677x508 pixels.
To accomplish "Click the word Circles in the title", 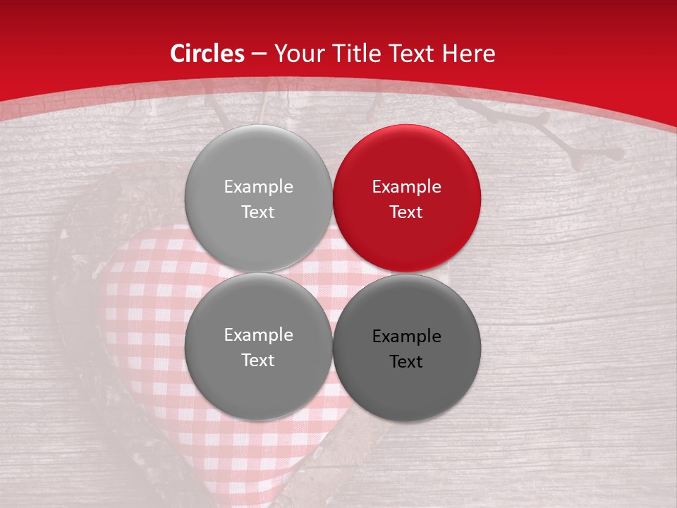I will pos(207,54).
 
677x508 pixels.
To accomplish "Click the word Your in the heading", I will pos(296,54).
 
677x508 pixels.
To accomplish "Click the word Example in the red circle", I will pos(406,187).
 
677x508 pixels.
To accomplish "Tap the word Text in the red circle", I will pos(406,212).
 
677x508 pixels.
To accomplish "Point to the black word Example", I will pos(406,337).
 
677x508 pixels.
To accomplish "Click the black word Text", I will pos(406,362).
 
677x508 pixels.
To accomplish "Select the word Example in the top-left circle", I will pos(258,187).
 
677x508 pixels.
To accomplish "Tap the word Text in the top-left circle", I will pos(258,212).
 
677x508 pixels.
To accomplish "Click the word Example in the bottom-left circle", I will pos(258,335).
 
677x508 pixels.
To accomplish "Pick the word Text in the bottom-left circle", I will pos(258,361).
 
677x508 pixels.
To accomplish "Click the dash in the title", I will pos(259,54).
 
